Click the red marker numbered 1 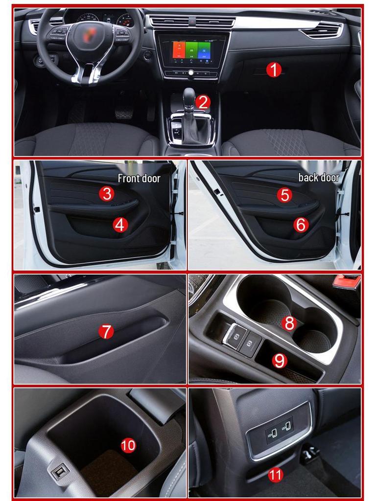coord(274,70)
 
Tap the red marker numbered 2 coord(202,102)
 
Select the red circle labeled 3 coord(107,193)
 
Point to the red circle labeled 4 coord(120,225)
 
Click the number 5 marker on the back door coord(284,195)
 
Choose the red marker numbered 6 coord(301,225)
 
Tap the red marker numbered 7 coord(106,332)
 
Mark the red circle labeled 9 coord(279,361)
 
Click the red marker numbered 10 coord(128,445)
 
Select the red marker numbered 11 coord(276,474)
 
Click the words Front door coord(139,179)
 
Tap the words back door coord(319,178)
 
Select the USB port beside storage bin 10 coord(60,473)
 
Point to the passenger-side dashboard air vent coord(322,30)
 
